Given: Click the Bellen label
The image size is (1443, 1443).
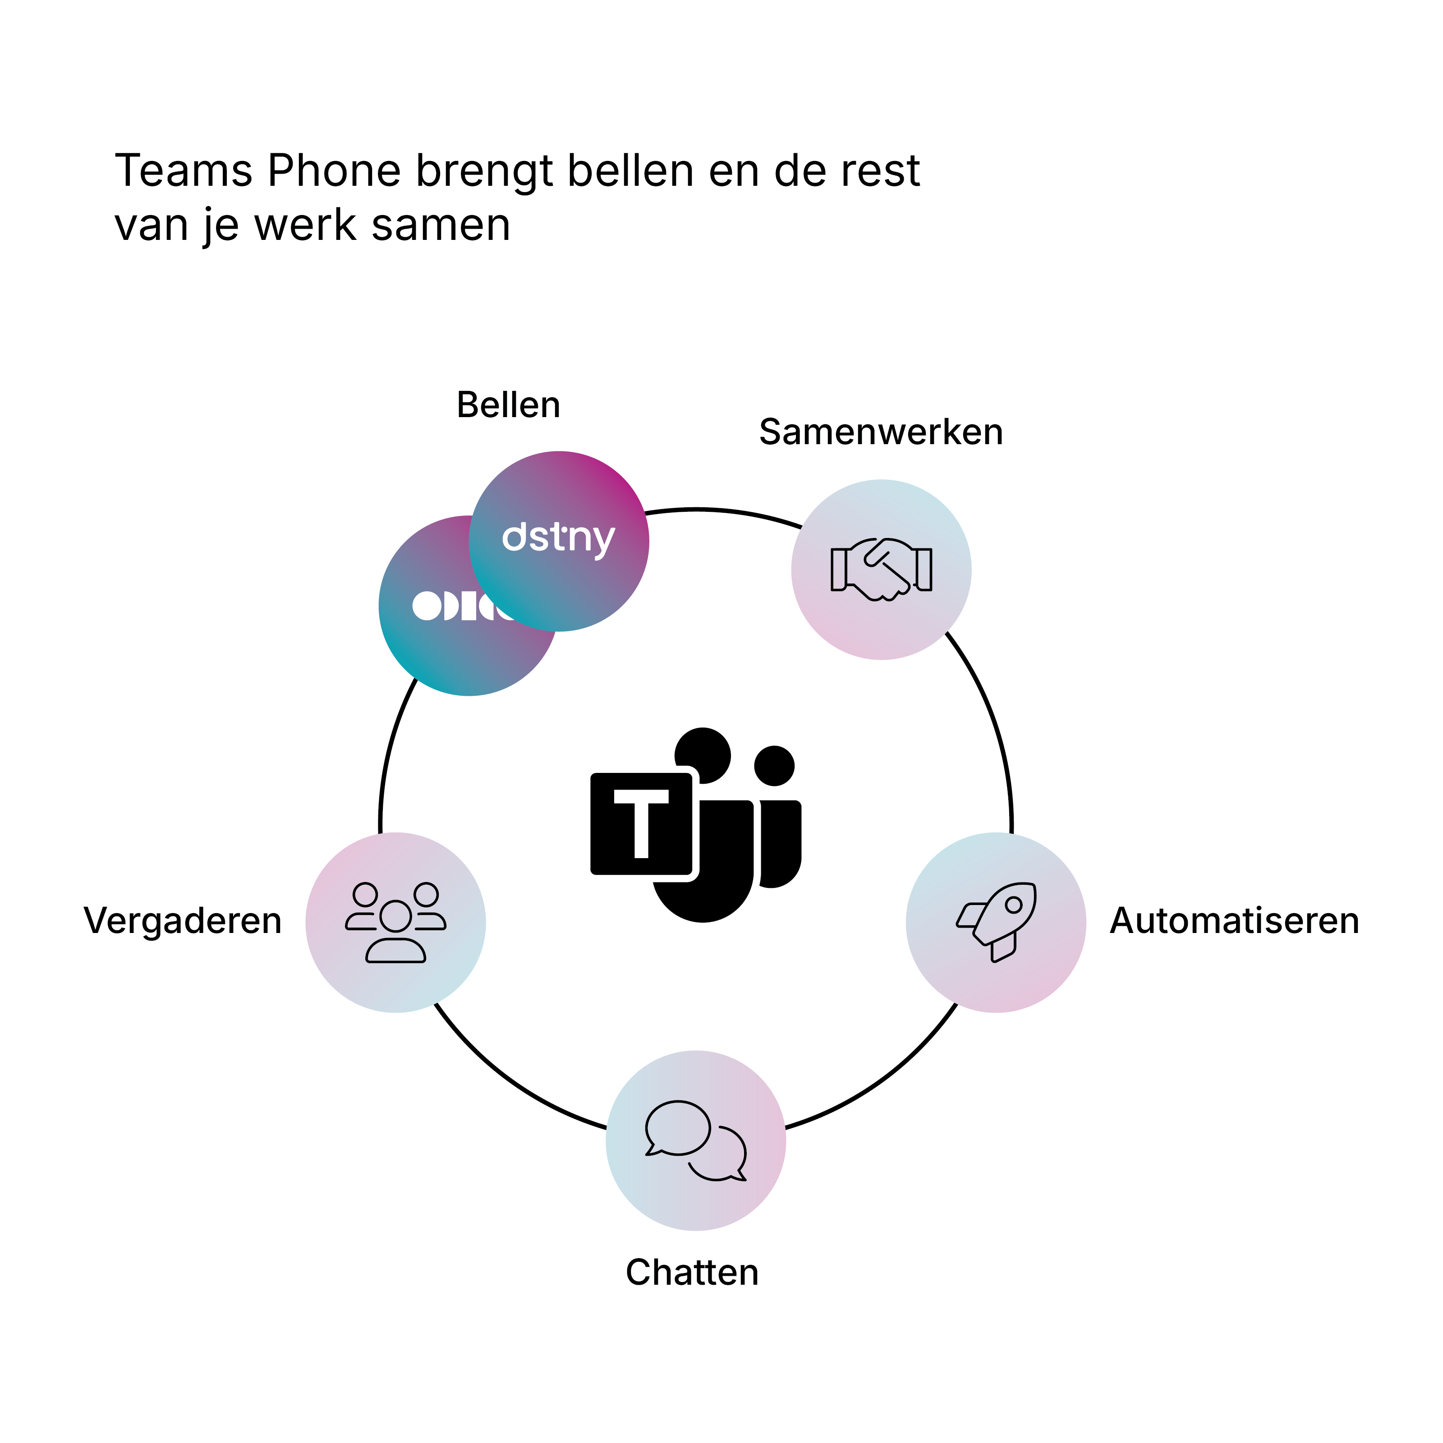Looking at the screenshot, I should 508,405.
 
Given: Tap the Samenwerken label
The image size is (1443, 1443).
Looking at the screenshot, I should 881,432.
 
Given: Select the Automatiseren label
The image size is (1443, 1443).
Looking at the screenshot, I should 1234,921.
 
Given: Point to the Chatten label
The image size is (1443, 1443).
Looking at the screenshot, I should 692,1273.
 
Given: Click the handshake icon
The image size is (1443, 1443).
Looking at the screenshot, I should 881,569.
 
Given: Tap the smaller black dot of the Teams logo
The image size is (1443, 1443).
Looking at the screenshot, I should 775,766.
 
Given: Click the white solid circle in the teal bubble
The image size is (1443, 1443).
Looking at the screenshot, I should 427,606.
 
